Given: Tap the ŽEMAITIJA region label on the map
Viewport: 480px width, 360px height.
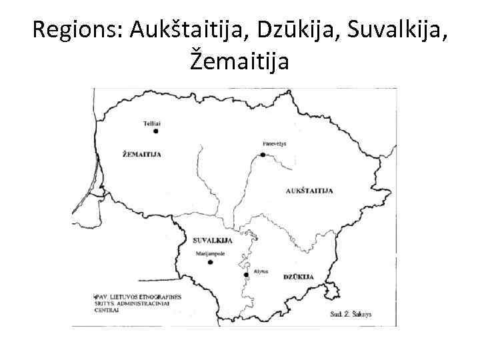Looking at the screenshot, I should click(143, 154).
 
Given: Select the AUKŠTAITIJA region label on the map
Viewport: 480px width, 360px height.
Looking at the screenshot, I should click(309, 191).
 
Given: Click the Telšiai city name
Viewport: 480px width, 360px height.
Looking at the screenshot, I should click(153, 123).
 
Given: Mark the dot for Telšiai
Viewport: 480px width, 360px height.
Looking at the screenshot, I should click(155, 131).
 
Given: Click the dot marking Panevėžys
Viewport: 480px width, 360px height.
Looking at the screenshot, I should click(263, 155).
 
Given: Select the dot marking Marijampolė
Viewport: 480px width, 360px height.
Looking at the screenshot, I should click(210, 262).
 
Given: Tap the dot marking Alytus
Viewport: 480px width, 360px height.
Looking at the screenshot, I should click(246, 274).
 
